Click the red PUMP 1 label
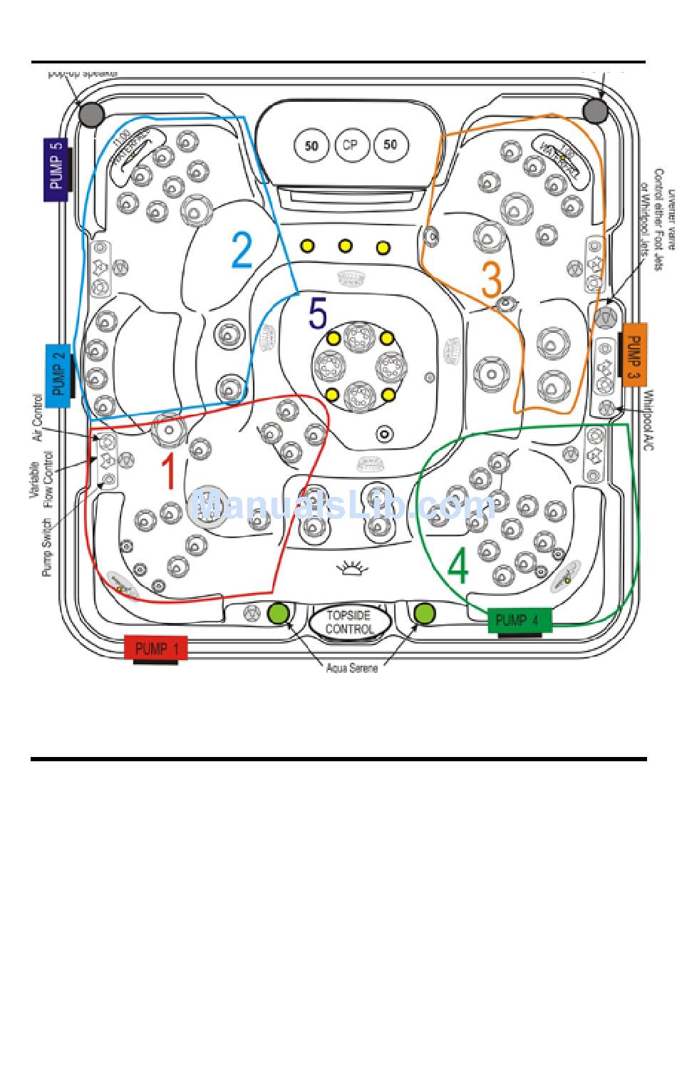pos(156,648)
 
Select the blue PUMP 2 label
pos(58,375)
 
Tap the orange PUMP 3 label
pos(634,354)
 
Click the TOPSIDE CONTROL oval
pos(349,622)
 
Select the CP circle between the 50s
pos(350,145)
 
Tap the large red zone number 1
pos(168,471)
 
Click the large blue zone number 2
pos(242,250)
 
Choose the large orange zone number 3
pos(491,279)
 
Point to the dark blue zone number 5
pos(317,314)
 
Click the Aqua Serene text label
pos(352,669)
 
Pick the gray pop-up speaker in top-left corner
pos(91,114)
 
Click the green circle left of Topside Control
pos(278,612)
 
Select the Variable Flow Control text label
pos(41,478)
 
